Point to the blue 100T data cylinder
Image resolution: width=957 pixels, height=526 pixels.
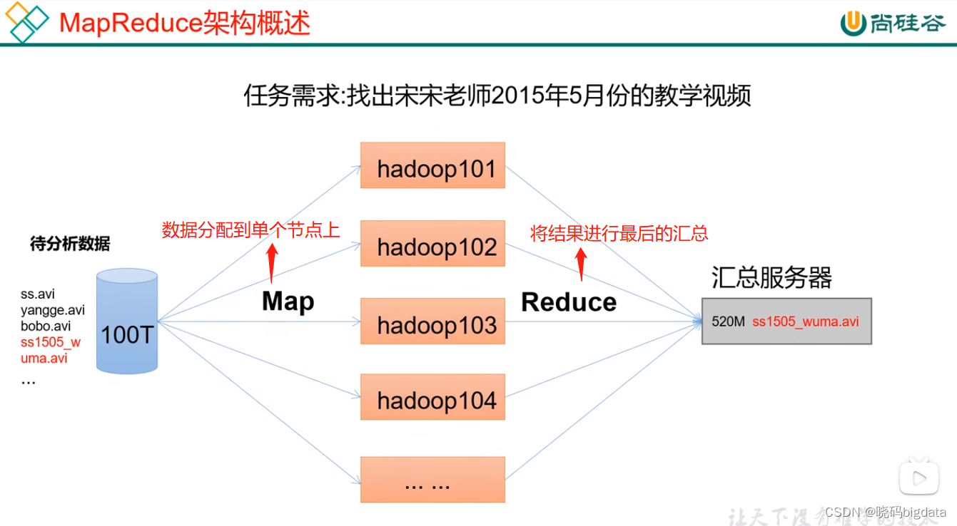tap(127, 321)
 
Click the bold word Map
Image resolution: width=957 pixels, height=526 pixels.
tap(288, 301)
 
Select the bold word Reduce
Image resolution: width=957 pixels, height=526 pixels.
tap(569, 302)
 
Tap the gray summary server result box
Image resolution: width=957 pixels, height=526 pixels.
tap(786, 321)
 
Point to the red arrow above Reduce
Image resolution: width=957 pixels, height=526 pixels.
tap(580, 262)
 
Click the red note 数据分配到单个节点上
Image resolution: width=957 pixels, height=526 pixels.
tap(250, 230)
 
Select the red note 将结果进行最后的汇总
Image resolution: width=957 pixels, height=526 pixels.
tap(619, 233)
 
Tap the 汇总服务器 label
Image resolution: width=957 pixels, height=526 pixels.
tap(771, 278)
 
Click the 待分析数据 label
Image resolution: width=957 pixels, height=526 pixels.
tap(70, 244)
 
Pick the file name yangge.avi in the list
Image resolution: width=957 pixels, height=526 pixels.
tap(53, 310)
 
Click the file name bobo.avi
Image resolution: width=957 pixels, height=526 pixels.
tap(46, 326)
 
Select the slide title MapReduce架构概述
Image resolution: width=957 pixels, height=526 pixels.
tap(184, 23)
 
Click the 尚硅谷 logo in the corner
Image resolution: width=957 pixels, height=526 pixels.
tap(892, 23)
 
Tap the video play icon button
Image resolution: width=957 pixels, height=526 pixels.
tap(918, 476)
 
